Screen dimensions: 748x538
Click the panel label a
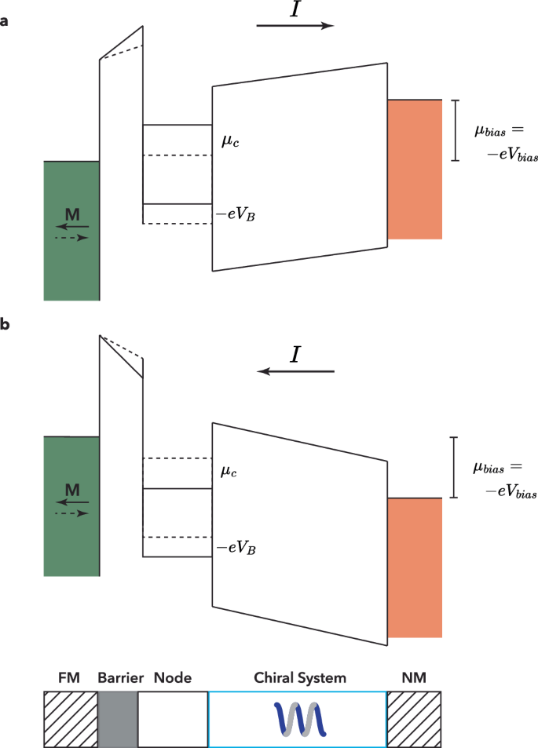point(5,21)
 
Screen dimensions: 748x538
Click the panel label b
point(5,324)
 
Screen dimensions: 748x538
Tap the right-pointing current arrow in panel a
point(295,26)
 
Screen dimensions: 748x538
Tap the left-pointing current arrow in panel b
point(295,371)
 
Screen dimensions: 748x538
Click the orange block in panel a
point(415,169)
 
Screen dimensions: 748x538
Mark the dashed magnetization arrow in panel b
point(71,513)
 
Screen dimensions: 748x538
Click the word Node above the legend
point(173,677)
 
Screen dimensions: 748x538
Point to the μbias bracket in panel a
point(454,130)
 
